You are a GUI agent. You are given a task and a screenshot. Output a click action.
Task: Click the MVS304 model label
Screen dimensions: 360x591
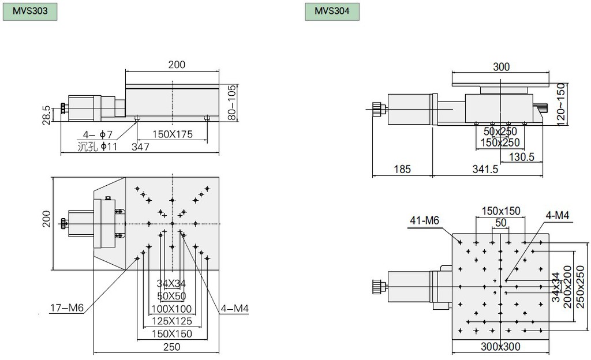(332, 11)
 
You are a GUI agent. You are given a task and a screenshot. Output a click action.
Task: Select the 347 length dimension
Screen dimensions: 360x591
(141, 147)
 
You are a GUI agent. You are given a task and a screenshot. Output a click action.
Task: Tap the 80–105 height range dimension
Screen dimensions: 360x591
(232, 102)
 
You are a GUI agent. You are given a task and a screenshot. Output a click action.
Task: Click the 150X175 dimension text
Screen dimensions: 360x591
(171, 134)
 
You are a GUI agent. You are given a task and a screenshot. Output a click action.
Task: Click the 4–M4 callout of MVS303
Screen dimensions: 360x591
(234, 308)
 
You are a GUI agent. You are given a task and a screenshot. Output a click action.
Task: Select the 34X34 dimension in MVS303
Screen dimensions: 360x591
(171, 283)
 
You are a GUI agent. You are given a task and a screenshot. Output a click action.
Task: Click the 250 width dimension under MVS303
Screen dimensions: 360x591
(171, 347)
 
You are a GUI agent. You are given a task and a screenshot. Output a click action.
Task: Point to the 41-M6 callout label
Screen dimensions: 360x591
(424, 220)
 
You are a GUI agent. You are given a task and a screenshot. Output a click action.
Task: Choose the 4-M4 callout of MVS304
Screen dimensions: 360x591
(556, 215)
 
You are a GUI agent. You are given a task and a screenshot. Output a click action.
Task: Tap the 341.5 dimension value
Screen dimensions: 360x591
(485, 169)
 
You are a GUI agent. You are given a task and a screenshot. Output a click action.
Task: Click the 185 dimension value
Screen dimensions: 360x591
(402, 169)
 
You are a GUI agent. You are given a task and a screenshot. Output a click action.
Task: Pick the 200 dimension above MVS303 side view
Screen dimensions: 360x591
(177, 65)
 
